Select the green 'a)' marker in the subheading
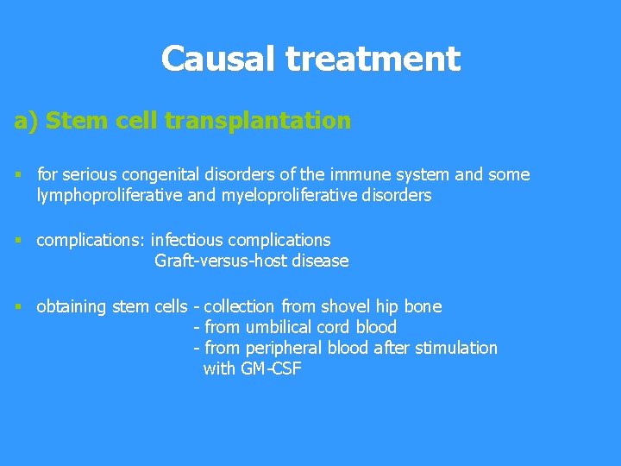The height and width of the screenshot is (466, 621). [x=27, y=121]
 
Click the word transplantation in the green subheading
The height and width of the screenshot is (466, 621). [x=258, y=121]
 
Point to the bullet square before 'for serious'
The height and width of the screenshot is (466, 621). [x=18, y=175]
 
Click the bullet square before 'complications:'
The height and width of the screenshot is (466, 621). [x=18, y=240]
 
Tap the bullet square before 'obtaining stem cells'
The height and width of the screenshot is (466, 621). [x=18, y=306]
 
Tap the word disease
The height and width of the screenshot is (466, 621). [x=319, y=261]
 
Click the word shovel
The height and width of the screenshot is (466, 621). [x=345, y=306]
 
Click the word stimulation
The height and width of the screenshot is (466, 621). [x=456, y=348]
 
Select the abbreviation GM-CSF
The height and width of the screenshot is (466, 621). [x=267, y=369]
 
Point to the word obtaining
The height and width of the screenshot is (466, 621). [x=71, y=306]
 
